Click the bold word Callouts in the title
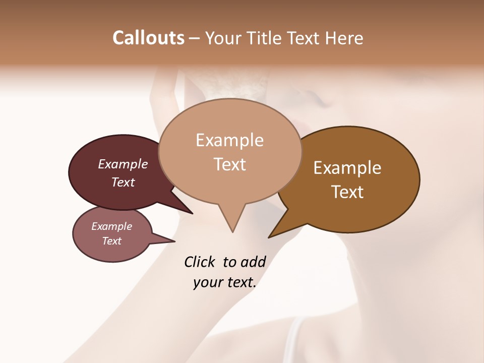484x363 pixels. pyautogui.click(x=148, y=38)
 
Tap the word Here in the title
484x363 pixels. pyautogui.click(x=345, y=38)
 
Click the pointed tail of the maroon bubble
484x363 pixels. pyautogui.click(x=181, y=207)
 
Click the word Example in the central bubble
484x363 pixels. pyautogui.click(x=230, y=140)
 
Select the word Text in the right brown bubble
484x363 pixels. pyautogui.click(x=347, y=192)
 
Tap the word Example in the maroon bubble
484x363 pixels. pyautogui.click(x=123, y=164)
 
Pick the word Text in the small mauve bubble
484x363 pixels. pyautogui.click(x=111, y=241)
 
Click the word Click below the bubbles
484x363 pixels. pyautogui.click(x=201, y=262)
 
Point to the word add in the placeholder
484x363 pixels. pyautogui.click(x=253, y=262)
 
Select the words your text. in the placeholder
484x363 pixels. pyautogui.click(x=225, y=282)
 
